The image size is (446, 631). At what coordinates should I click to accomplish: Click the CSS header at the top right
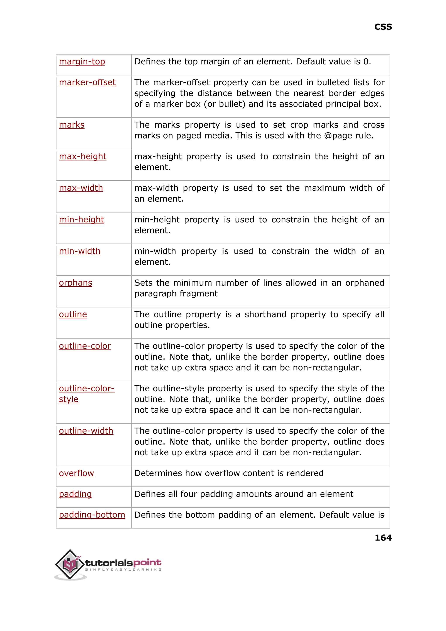click(383, 27)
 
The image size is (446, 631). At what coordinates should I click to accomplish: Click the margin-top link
click(82, 61)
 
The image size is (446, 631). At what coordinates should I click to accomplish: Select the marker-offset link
click(87, 82)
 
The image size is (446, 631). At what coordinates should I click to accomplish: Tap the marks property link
click(72, 125)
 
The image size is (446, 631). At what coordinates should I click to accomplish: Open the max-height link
click(82, 157)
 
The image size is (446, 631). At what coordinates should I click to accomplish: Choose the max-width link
click(81, 188)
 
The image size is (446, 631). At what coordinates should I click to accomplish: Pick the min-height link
click(81, 220)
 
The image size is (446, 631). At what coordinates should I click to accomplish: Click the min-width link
click(80, 251)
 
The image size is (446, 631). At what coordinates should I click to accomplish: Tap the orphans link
click(76, 283)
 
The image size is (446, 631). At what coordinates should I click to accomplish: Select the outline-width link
click(86, 431)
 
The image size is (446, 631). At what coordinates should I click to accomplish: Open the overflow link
click(76, 473)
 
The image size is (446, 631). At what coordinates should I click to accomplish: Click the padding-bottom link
click(92, 515)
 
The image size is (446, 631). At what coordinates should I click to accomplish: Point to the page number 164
click(383, 537)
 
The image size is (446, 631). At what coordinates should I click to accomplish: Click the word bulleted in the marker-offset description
click(333, 82)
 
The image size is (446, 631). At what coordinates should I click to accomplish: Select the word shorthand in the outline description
click(265, 315)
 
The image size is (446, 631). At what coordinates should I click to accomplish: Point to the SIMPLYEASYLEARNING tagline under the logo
click(123, 570)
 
